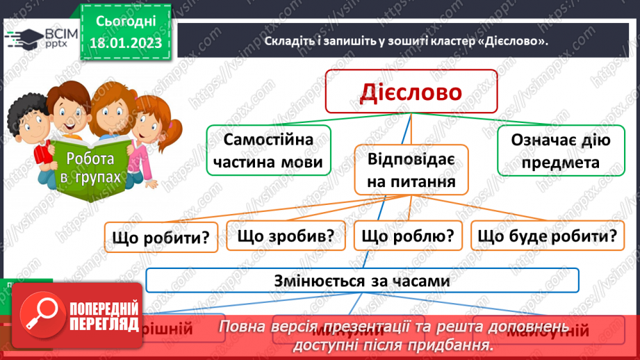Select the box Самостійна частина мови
click(268, 150)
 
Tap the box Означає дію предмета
click(560, 151)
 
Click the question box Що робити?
click(161, 237)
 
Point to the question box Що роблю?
click(408, 236)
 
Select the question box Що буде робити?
click(546, 236)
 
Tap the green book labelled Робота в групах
click(89, 167)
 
